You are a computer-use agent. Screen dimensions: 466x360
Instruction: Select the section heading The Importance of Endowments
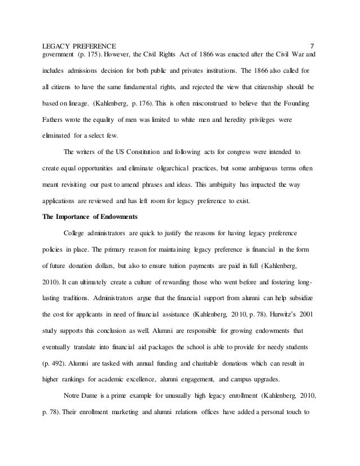pos(91,216)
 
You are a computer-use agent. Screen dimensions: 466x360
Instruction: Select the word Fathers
pos(55,121)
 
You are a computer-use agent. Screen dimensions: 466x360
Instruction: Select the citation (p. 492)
pos(55,360)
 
